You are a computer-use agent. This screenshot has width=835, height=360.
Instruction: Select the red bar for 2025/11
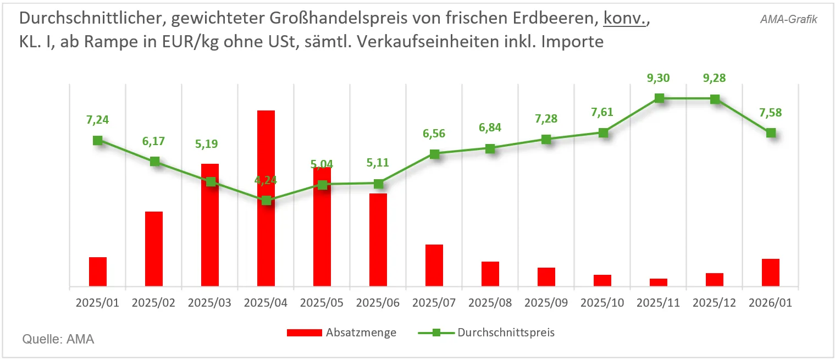[659, 283]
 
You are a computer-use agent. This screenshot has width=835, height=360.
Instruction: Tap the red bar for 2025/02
[154, 249]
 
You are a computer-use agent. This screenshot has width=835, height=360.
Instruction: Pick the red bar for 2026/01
[771, 273]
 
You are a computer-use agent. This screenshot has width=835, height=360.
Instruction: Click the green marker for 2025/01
[98, 140]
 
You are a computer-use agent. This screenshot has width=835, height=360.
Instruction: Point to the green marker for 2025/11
[659, 98]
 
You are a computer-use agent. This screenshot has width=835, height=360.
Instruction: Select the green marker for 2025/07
[434, 154]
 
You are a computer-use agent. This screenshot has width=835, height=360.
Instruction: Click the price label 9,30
[658, 79]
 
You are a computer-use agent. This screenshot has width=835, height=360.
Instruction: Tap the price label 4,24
[266, 181]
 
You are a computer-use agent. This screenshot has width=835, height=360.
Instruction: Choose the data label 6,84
[490, 128]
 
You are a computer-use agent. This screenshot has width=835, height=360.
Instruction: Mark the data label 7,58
[771, 113]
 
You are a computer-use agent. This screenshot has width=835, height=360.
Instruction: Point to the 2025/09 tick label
[546, 303]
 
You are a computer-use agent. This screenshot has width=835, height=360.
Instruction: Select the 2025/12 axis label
[715, 303]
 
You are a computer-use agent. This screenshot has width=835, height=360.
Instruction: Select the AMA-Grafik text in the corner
[789, 19]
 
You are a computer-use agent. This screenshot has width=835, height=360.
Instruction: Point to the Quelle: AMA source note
[58, 339]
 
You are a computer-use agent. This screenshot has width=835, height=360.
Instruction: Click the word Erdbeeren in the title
[558, 19]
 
